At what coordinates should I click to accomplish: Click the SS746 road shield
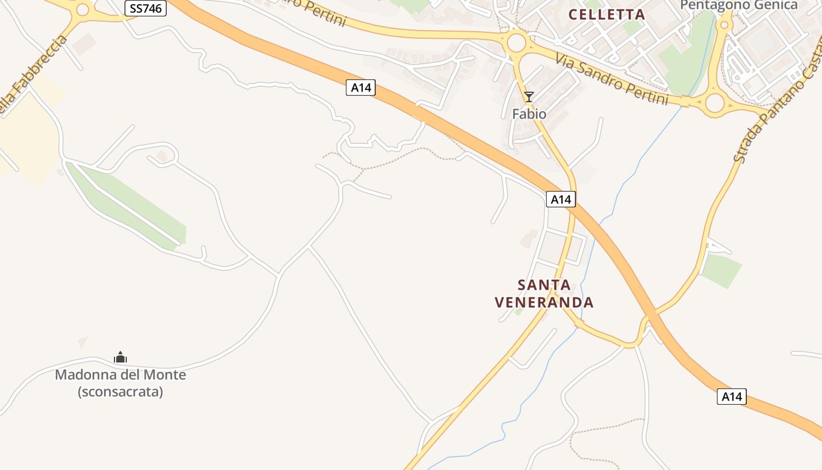click(146, 8)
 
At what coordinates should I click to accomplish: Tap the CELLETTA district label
click(607, 14)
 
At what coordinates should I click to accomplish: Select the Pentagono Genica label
click(739, 5)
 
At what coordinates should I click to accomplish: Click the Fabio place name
click(529, 114)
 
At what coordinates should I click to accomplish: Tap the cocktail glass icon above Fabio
click(529, 97)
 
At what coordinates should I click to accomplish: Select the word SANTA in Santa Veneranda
click(544, 286)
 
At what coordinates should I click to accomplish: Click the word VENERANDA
click(544, 303)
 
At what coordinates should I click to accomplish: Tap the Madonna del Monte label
click(120, 375)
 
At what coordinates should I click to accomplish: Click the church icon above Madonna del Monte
click(120, 357)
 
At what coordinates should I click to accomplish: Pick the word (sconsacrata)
click(120, 391)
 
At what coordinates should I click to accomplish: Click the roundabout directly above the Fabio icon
click(516, 42)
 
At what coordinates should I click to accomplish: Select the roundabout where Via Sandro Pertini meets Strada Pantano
click(715, 103)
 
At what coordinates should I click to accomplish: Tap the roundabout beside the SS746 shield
click(83, 9)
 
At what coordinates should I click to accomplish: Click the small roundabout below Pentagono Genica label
click(725, 25)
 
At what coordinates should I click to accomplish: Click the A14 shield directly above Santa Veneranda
click(561, 199)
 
